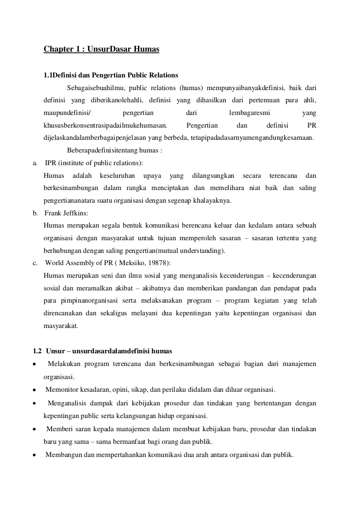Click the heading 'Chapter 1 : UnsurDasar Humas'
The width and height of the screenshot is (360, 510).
pos(101,49)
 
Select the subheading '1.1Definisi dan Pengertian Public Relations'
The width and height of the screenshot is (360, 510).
pos(111,75)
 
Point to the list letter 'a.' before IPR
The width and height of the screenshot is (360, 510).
pos(35,163)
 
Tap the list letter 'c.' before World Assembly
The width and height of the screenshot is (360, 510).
pos(35,263)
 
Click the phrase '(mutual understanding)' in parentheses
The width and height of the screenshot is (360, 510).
pos(196,250)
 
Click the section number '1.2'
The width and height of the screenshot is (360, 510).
pos(37,351)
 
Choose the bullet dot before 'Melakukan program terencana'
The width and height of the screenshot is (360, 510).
pos(35,365)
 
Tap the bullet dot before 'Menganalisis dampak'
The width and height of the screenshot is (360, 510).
pos(35,403)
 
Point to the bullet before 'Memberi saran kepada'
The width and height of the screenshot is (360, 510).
pos(35,429)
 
